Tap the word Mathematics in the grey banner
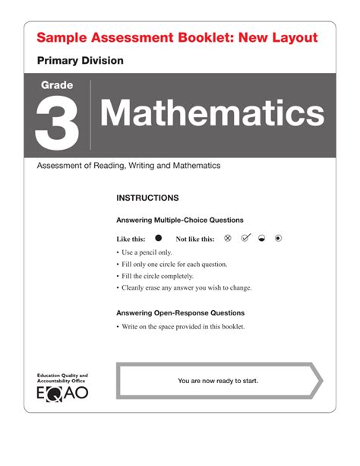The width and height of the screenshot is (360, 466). pyautogui.click(x=211, y=113)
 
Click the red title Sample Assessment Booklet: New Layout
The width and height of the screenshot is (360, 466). pyautogui.click(x=177, y=38)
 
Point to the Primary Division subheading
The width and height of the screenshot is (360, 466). pyautogui.click(x=80, y=60)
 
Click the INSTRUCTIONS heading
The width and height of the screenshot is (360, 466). pyautogui.click(x=147, y=198)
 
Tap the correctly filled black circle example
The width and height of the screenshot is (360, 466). pyautogui.click(x=159, y=238)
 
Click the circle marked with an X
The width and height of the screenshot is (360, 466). pyautogui.click(x=227, y=238)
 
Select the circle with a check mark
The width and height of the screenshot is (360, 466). pyautogui.click(x=245, y=238)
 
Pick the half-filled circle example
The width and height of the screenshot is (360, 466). pyautogui.click(x=261, y=238)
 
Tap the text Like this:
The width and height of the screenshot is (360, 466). pyautogui.click(x=131, y=239)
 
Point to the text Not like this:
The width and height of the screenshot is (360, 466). pyautogui.click(x=194, y=239)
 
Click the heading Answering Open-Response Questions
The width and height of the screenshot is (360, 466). pyautogui.click(x=180, y=312)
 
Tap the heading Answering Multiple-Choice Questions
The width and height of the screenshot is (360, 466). pyautogui.click(x=180, y=220)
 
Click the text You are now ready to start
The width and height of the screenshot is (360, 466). pyautogui.click(x=218, y=380)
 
